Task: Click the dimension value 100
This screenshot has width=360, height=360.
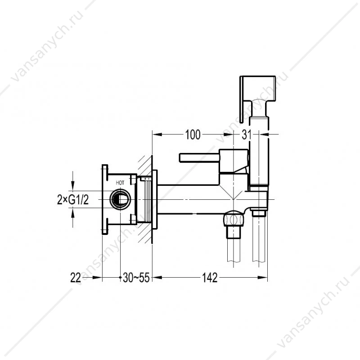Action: click(x=193, y=135)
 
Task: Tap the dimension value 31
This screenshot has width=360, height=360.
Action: click(x=246, y=135)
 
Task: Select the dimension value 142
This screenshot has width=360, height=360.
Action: click(x=210, y=278)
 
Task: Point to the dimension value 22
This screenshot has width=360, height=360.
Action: click(x=76, y=278)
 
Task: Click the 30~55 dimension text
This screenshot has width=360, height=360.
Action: click(x=136, y=278)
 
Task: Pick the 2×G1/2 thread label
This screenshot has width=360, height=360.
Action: click(x=73, y=200)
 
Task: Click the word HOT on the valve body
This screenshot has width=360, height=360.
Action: click(x=120, y=183)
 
